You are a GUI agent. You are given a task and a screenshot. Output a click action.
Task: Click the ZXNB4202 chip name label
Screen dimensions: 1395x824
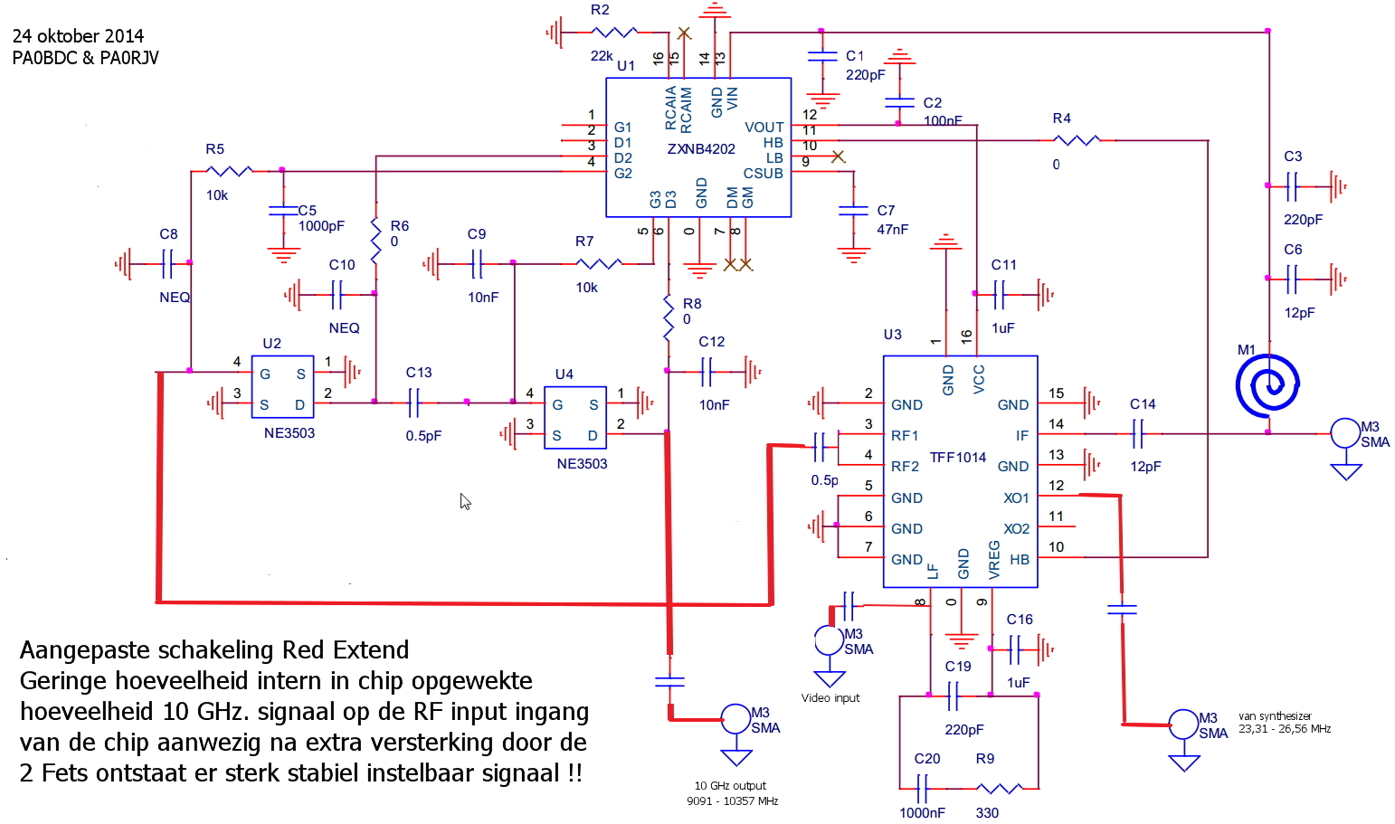(x=701, y=149)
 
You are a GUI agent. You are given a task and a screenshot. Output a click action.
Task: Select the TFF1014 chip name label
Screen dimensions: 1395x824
(x=958, y=457)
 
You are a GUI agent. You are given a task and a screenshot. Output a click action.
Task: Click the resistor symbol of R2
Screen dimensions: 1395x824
(x=614, y=31)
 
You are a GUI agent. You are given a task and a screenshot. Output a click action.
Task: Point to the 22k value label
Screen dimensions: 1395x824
(x=602, y=56)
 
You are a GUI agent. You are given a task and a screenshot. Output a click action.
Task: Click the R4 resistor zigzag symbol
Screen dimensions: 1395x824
(x=1077, y=140)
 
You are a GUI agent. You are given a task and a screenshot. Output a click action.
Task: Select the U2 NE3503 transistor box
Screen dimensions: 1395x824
(x=283, y=387)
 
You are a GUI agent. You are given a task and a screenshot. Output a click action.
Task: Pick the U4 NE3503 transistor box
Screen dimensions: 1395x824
(x=575, y=417)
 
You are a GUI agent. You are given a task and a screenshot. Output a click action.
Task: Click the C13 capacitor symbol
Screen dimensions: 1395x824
(x=414, y=403)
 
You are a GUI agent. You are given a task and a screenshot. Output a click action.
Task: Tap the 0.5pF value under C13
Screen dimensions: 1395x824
(x=423, y=435)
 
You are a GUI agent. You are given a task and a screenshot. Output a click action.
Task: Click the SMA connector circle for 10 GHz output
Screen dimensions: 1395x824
(x=735, y=719)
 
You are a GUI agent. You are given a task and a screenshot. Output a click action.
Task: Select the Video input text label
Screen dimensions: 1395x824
(x=830, y=697)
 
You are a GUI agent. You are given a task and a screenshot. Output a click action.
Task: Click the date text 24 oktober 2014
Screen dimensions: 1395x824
(x=78, y=35)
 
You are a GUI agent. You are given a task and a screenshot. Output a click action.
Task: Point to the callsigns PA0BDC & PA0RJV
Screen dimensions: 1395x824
(x=85, y=58)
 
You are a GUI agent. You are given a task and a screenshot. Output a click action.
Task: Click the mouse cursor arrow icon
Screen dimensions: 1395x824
(x=465, y=501)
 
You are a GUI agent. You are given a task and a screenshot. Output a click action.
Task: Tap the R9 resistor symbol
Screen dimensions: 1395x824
(x=1000, y=789)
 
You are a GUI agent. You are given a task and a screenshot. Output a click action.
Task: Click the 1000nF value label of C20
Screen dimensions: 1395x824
(x=922, y=812)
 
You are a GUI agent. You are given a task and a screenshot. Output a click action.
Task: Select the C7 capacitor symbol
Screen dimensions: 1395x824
(x=853, y=211)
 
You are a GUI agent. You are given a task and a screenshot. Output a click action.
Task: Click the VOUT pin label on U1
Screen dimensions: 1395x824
(x=764, y=127)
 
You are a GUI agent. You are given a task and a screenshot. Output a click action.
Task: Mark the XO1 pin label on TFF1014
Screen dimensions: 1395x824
(x=1016, y=497)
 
